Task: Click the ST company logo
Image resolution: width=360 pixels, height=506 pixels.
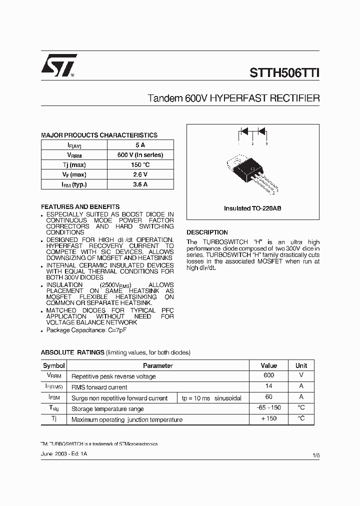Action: (x=59, y=65)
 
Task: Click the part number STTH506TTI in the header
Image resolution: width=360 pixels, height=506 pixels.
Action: (x=284, y=72)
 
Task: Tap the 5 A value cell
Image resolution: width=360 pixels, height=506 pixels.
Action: (x=140, y=145)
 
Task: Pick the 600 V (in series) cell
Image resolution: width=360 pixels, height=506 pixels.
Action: (x=140, y=155)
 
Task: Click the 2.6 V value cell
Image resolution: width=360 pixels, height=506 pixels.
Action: (x=140, y=174)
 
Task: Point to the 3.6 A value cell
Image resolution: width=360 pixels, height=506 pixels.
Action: (x=140, y=184)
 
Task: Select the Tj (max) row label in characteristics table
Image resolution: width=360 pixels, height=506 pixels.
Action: (x=74, y=165)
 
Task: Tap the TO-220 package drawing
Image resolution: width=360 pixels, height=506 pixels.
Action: (x=252, y=172)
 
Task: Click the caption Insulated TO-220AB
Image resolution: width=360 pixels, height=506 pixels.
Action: (x=252, y=208)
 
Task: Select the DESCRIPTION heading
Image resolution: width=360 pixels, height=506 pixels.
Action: (x=207, y=232)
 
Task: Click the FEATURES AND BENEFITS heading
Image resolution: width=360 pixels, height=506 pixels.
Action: (x=80, y=206)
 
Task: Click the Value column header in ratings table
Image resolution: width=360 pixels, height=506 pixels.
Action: (x=269, y=365)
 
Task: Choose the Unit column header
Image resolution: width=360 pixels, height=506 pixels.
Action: (x=301, y=365)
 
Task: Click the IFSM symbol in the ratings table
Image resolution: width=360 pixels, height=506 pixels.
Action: (x=54, y=397)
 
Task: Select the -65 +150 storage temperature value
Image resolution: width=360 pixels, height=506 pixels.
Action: (x=269, y=408)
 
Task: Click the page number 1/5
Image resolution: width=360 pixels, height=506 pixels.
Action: (x=315, y=455)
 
